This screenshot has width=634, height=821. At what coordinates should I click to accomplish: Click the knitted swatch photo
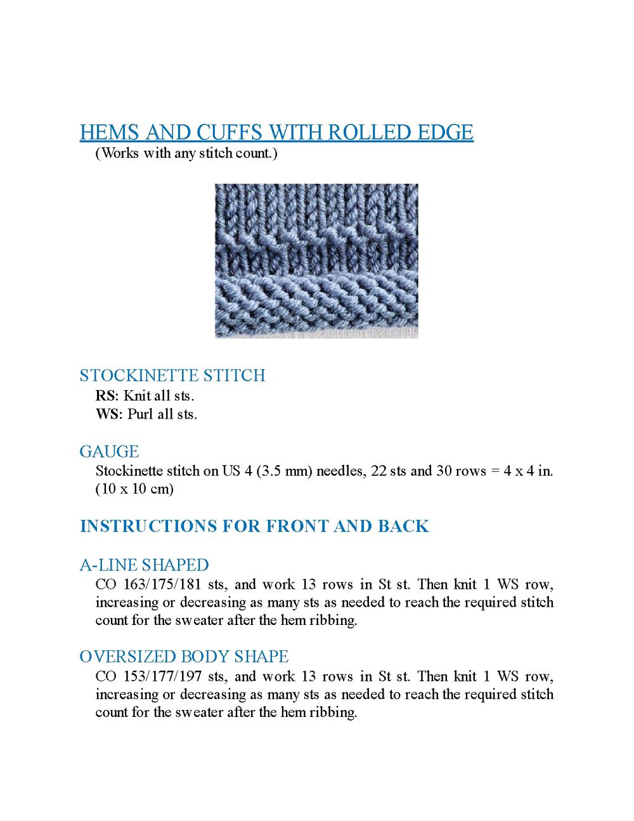pyautogui.click(x=316, y=260)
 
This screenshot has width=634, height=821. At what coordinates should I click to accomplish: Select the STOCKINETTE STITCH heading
pyautogui.click(x=172, y=376)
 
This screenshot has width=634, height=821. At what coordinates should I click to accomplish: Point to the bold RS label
pyautogui.click(x=106, y=396)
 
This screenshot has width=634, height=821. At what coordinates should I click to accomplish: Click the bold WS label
pyautogui.click(x=108, y=414)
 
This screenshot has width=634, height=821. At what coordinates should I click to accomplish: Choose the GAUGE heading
pyautogui.click(x=109, y=452)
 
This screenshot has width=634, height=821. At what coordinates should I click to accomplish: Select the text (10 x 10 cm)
pyautogui.click(x=134, y=489)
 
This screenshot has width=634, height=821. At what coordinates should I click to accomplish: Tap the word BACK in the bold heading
pyautogui.click(x=403, y=526)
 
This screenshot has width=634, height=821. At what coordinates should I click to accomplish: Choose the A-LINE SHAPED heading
pyautogui.click(x=145, y=565)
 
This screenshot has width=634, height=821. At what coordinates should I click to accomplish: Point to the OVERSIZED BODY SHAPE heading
pyautogui.click(x=184, y=656)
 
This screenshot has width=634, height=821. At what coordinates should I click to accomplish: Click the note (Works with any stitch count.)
pyautogui.click(x=186, y=153)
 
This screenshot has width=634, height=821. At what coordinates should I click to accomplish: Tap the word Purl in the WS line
pyautogui.click(x=140, y=414)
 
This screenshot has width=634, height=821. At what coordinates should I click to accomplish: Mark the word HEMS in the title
pyautogui.click(x=109, y=132)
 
